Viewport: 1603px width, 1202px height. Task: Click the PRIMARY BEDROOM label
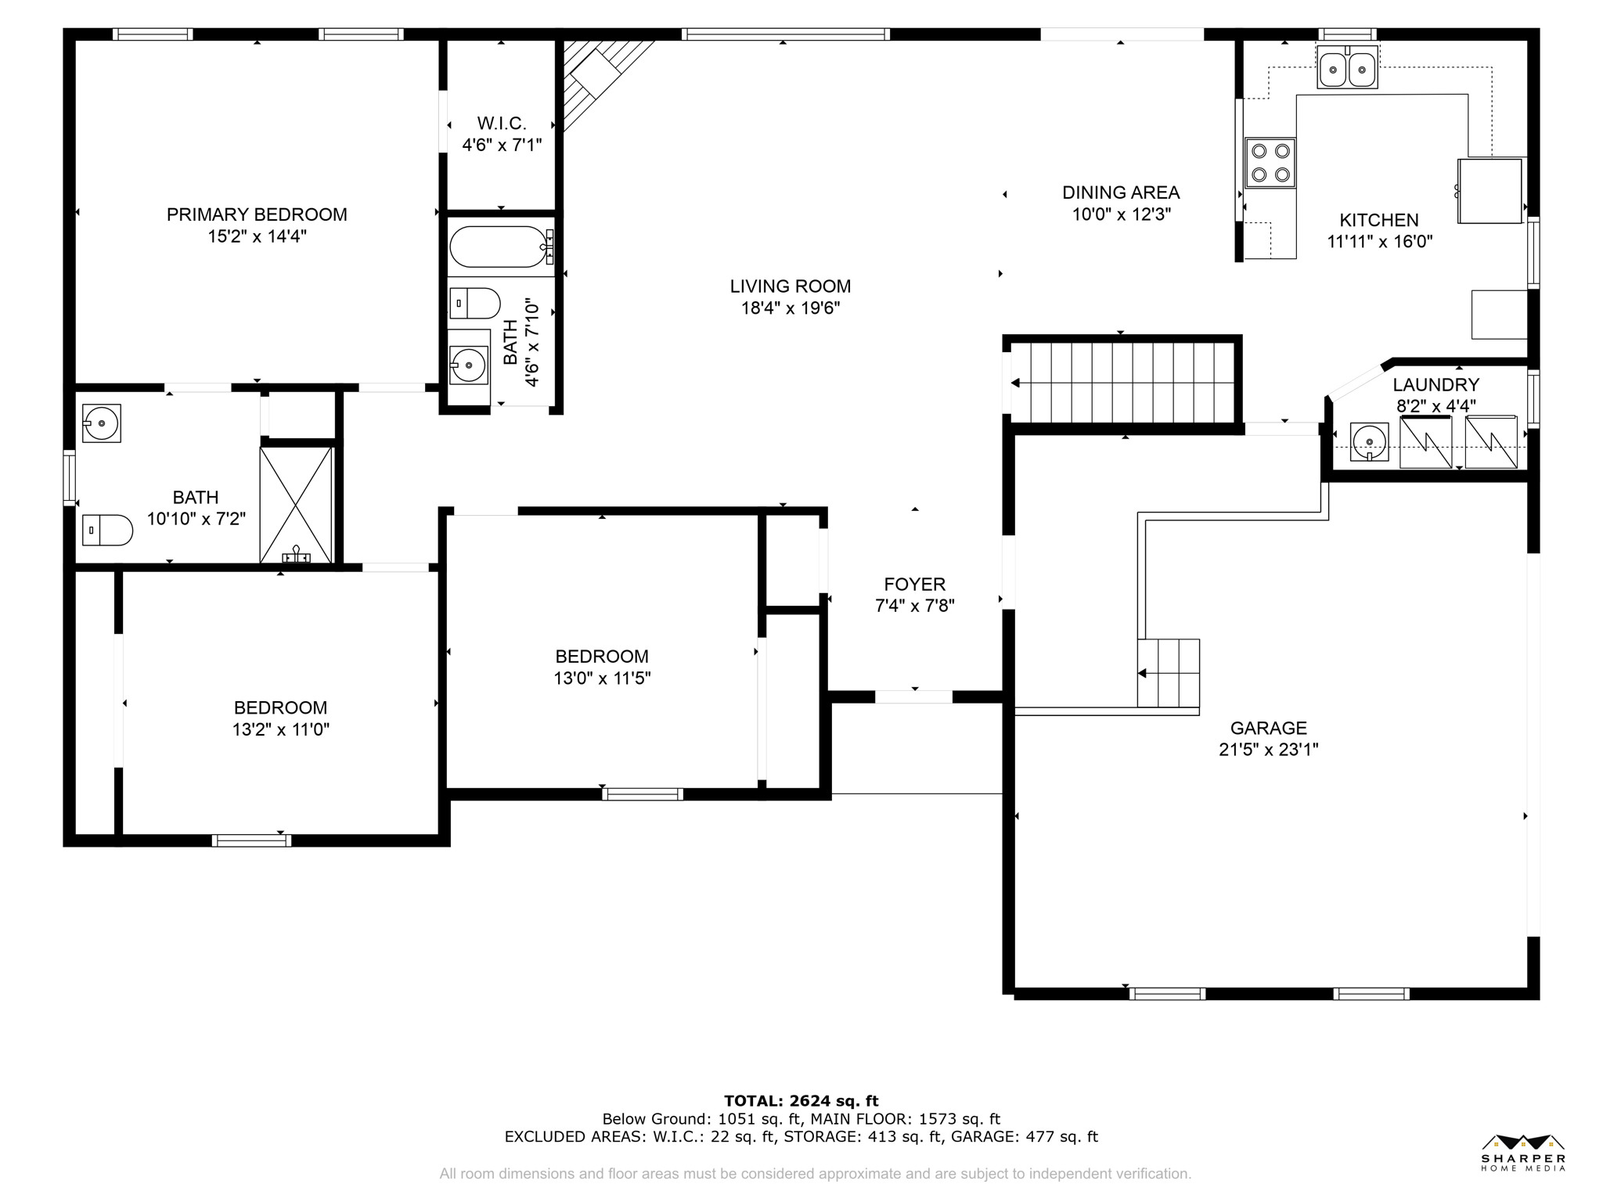pos(257,214)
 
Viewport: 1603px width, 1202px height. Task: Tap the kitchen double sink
pos(1347,69)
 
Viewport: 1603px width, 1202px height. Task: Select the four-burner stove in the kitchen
pos(1270,163)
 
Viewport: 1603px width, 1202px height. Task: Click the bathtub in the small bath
pos(502,247)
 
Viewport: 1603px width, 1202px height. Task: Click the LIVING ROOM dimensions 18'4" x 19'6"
pos(791,308)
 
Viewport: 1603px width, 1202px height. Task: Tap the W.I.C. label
pos(502,124)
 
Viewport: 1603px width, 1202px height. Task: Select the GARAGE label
pos(1268,728)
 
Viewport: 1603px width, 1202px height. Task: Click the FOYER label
pos(914,584)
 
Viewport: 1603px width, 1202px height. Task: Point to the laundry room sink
pos(1370,442)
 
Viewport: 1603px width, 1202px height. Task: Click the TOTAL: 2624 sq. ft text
pos(801,1101)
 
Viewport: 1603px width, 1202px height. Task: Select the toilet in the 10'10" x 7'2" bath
pos(107,530)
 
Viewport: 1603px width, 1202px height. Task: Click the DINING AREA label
pos(1121,193)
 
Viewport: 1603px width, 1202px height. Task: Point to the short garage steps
pos(1168,673)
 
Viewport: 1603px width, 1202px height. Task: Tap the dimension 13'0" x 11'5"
pos(602,678)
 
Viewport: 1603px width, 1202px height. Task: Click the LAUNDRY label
pos(1435,385)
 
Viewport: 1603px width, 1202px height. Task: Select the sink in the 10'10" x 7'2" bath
pos(102,423)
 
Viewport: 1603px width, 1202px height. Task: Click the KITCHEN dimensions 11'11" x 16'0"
pos(1379,242)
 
